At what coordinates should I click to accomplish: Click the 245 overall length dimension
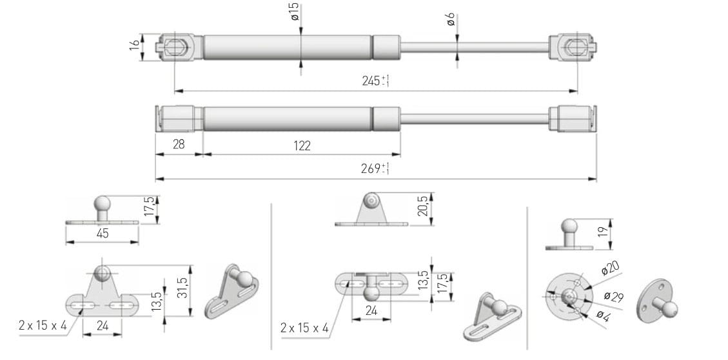pos(375,81)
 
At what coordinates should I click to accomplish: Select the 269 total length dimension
pos(375,168)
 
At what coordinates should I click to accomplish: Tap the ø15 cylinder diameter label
pos(295,12)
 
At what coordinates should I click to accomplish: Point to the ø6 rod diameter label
pos(451,19)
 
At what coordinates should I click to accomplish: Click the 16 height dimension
pos(134,45)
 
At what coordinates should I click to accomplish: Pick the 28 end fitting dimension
pos(178,145)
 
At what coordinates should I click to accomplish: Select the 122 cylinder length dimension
pos(302,146)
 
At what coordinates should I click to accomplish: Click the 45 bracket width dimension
pos(103,233)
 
